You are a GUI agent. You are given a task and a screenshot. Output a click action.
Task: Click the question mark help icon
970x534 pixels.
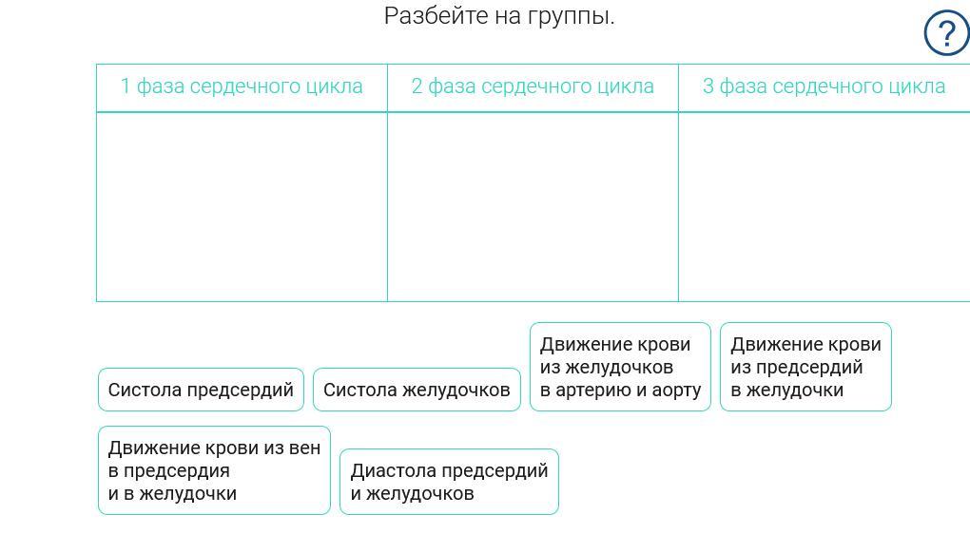point(946,34)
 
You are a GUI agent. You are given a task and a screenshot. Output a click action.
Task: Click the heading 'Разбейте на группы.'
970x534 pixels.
point(499,16)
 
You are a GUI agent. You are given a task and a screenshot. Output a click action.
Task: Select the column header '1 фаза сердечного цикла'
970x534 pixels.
point(242,86)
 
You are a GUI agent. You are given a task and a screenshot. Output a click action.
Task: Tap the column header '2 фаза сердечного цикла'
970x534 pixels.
point(533,86)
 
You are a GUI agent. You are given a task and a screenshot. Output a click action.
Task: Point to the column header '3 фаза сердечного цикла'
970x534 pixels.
point(824,86)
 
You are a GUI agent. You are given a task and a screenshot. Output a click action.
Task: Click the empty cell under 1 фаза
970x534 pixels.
point(242,206)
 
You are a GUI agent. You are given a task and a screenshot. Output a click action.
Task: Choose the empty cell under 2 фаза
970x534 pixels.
point(533,206)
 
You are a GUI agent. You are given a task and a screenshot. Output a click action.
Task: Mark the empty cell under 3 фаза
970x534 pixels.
point(824,206)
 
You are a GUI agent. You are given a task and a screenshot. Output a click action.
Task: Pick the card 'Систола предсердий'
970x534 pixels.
point(201,390)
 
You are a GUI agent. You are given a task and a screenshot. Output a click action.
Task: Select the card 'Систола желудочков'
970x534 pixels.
point(417,390)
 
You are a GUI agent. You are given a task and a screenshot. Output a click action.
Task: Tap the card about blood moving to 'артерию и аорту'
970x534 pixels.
point(620,367)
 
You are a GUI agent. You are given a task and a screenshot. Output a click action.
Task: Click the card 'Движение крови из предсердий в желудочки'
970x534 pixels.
point(805,367)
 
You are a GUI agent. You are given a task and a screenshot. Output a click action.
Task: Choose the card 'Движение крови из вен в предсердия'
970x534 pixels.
point(214,470)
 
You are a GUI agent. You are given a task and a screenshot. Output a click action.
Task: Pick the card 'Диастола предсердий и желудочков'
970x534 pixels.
point(449,482)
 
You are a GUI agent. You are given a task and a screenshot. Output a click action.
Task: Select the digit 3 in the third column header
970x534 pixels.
point(708,86)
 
